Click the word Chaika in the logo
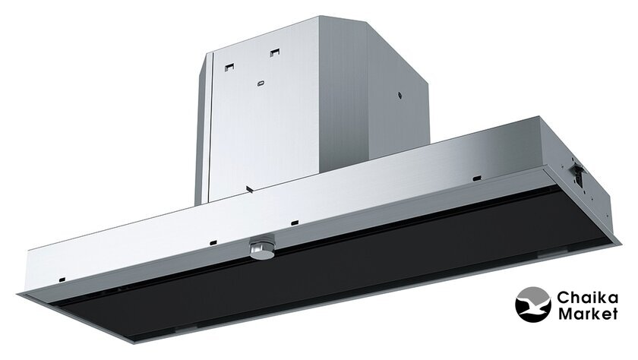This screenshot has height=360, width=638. pos(587,298)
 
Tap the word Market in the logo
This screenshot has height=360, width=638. pos(588,314)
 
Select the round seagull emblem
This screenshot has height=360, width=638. pos(533,305)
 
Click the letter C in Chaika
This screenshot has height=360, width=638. pos(563,298)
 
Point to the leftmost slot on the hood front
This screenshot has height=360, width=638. pos(62,279)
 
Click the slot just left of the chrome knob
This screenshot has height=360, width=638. pos(213,243)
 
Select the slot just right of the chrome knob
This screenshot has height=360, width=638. pos(295,223)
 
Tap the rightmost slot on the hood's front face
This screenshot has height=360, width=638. pos(477,178)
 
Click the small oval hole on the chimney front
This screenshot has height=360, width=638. pos(261,84)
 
